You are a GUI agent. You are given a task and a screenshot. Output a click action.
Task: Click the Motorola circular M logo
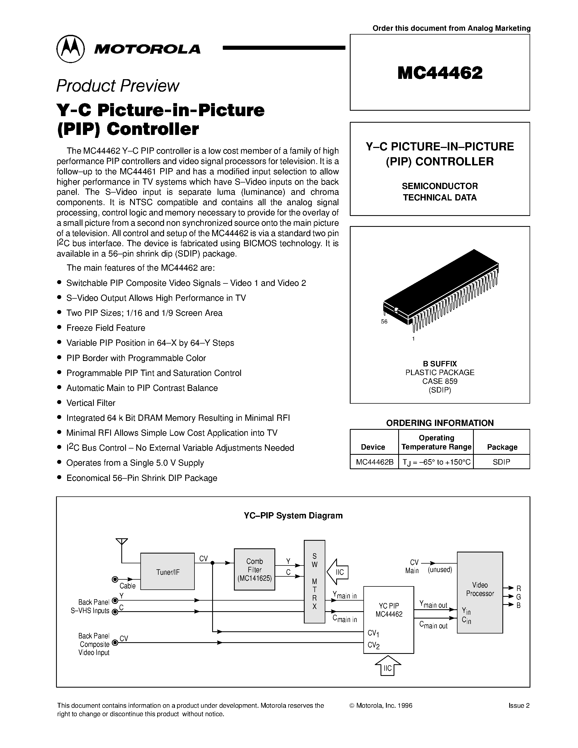[x=70, y=49]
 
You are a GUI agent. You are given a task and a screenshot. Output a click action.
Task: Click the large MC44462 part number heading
[x=440, y=73]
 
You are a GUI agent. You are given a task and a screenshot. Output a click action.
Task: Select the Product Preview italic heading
[x=118, y=86]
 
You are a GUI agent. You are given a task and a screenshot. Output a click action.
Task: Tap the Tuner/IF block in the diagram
[x=168, y=572]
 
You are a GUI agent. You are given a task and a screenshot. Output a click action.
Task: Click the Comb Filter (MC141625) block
[x=254, y=570]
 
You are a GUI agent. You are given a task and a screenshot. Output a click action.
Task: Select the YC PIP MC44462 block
[x=388, y=619]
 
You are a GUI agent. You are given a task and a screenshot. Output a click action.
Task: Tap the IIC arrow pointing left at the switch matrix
[x=338, y=572]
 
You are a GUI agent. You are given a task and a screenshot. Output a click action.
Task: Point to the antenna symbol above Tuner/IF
[x=122, y=542]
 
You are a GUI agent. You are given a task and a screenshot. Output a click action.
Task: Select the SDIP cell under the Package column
[x=501, y=462]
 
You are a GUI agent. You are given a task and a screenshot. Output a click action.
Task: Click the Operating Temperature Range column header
[x=436, y=442]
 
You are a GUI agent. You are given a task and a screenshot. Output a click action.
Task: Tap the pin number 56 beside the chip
[x=384, y=322]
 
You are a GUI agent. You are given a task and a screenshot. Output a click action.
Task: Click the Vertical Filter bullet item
[x=91, y=403]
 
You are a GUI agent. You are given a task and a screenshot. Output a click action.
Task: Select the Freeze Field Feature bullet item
[x=106, y=328]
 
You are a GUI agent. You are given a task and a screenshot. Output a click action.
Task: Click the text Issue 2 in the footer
[x=519, y=706]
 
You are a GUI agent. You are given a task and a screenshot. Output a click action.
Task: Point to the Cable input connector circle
[x=115, y=579]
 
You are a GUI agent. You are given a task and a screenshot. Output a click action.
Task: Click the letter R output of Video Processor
[x=518, y=588]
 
